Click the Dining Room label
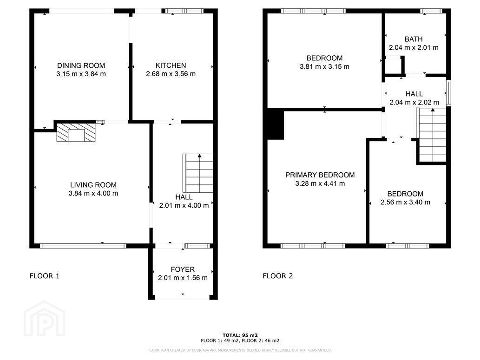tap(81, 65)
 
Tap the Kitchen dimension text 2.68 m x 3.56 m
tap(171, 74)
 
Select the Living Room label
tap(93, 185)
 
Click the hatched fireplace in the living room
tap(76, 132)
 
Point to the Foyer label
tap(183, 269)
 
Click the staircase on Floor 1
tap(198, 173)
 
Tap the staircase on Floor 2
tap(431, 135)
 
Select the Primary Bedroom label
tap(320, 175)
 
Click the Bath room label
tap(414, 39)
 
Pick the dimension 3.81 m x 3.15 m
tap(324, 67)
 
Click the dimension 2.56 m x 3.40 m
tap(405, 203)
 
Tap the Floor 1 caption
tap(45, 276)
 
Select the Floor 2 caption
tap(278, 276)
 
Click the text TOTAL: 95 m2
tap(240, 335)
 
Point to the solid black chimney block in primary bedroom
tap(276, 125)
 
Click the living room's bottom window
tap(83, 246)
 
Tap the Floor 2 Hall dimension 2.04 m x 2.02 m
tap(414, 103)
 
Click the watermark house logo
tap(45, 319)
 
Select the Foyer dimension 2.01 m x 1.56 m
tap(183, 278)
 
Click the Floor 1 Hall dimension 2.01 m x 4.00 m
tap(184, 205)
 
